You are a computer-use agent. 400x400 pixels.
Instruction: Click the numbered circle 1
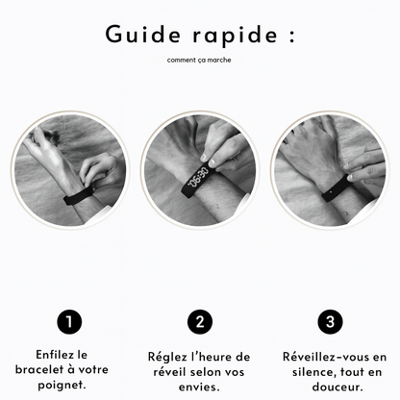(x=69, y=320)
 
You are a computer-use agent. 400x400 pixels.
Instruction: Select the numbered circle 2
(x=199, y=320)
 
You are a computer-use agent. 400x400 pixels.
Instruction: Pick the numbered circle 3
(x=329, y=320)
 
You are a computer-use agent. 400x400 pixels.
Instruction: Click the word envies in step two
(x=198, y=387)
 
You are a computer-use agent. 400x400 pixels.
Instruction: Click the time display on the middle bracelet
(x=197, y=179)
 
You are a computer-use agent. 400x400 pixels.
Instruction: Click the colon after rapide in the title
(x=288, y=36)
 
